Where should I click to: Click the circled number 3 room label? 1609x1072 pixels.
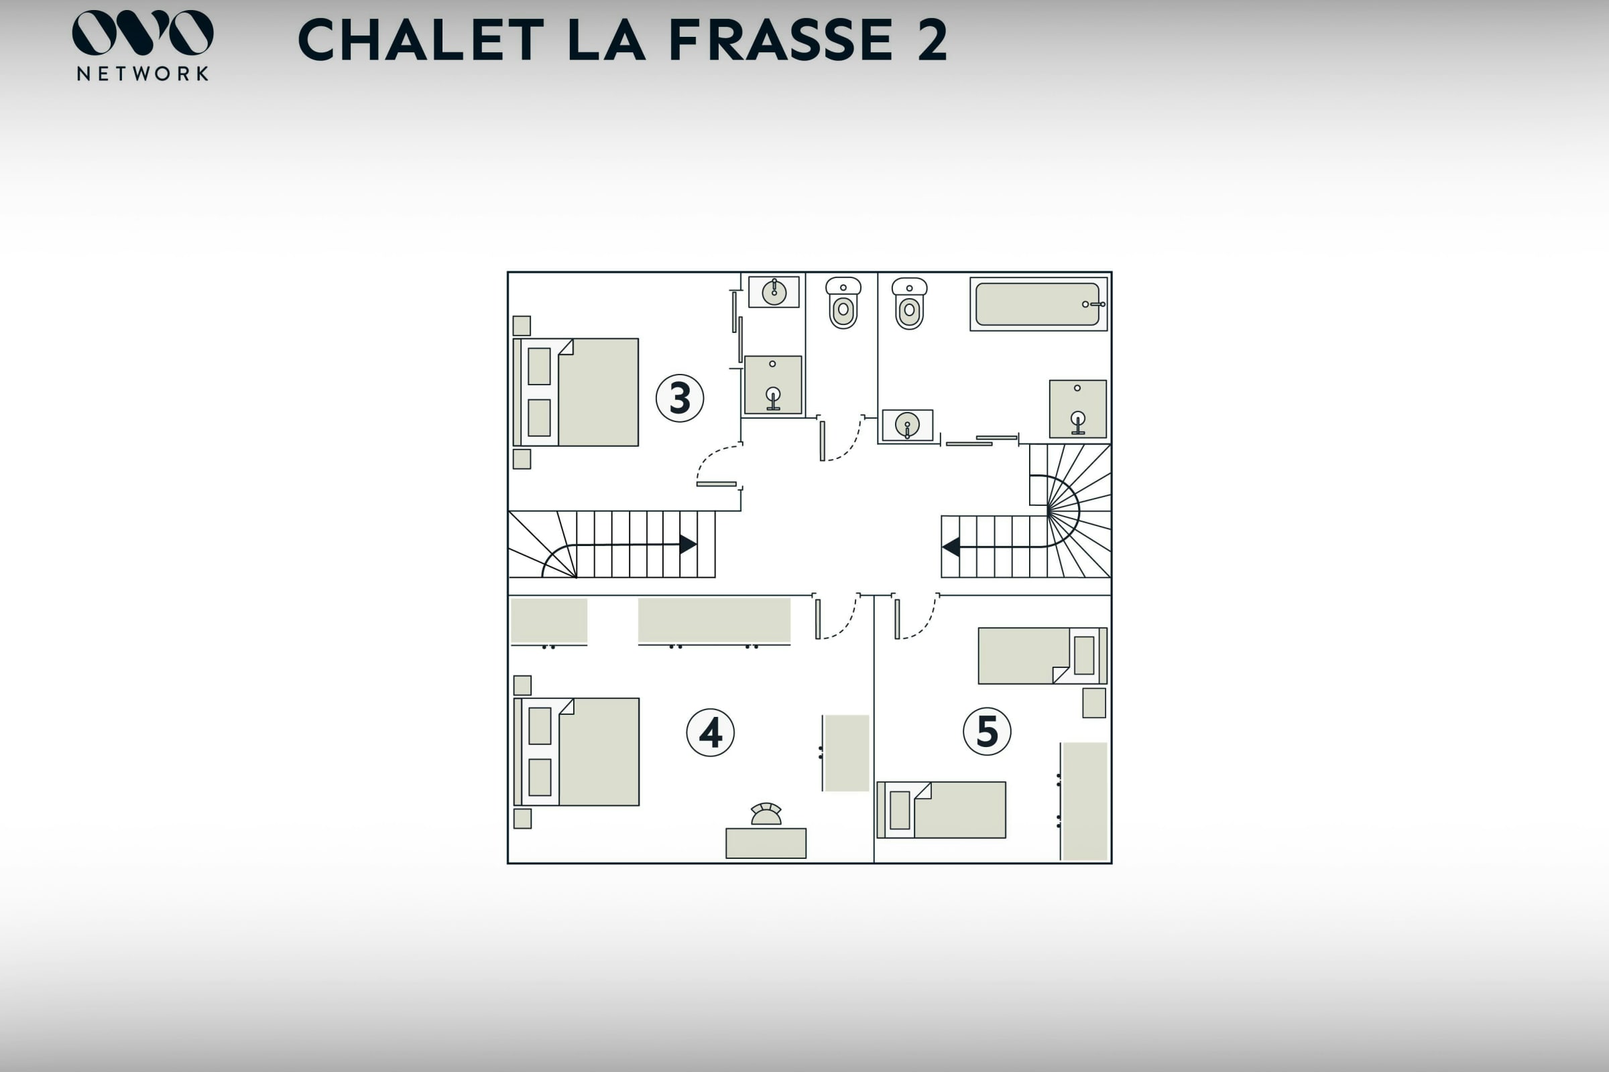679,398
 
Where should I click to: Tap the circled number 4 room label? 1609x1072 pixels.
710,732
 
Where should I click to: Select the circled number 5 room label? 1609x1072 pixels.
986,731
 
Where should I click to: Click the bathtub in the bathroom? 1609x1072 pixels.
1038,304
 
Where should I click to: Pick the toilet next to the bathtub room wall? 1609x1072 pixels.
909,304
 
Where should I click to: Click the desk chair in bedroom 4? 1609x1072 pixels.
766,813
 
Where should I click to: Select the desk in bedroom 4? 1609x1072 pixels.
766,843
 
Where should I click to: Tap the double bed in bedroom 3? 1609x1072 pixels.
576,393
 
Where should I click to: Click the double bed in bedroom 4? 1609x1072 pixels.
577,751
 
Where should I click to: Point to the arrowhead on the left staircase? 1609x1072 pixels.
689,544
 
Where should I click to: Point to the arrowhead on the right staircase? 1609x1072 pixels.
950,547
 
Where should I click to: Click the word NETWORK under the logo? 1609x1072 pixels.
143,73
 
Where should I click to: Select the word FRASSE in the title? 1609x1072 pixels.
780,40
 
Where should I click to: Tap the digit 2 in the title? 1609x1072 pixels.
932,40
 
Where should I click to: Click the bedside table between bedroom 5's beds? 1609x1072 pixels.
1094,703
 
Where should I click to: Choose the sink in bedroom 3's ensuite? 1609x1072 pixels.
774,292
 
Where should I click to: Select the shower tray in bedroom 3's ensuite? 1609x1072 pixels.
773,385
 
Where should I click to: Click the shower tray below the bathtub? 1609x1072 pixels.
1077,409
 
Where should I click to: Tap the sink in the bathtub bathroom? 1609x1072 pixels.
907,425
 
